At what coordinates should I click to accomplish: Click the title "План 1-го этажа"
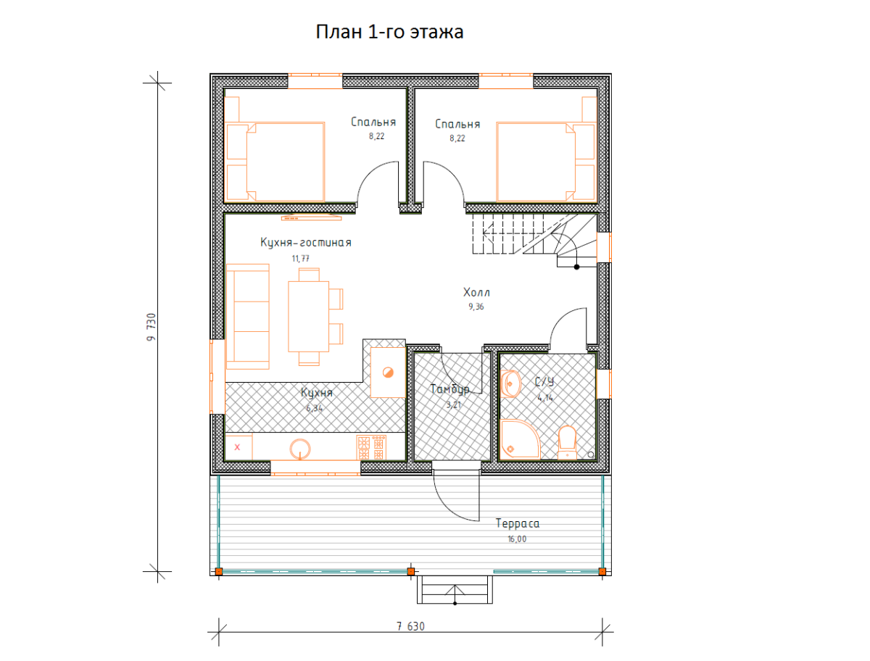(x=389, y=32)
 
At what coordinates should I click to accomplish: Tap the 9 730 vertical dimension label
(x=152, y=327)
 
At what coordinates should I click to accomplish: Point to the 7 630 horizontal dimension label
(x=410, y=626)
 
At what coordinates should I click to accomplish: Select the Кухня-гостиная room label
(x=306, y=242)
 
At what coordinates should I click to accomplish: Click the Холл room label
(x=476, y=292)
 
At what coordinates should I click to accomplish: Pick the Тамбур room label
(x=449, y=389)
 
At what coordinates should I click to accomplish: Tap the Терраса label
(x=517, y=523)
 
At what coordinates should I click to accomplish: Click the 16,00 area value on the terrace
(x=517, y=539)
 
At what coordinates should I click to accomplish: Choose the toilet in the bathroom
(x=567, y=442)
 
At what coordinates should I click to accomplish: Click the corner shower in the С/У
(x=519, y=439)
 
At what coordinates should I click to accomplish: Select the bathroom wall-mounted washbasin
(x=510, y=383)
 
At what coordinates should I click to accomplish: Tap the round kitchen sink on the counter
(x=300, y=449)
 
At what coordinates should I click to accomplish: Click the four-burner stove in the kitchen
(x=371, y=447)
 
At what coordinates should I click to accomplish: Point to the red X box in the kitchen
(x=239, y=447)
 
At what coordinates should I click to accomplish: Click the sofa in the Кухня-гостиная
(x=248, y=317)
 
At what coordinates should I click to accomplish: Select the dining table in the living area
(x=308, y=317)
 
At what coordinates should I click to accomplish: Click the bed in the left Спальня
(x=275, y=162)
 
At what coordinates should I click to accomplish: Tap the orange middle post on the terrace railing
(x=411, y=572)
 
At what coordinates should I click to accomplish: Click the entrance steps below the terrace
(x=455, y=589)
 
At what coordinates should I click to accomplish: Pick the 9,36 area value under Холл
(x=476, y=307)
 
